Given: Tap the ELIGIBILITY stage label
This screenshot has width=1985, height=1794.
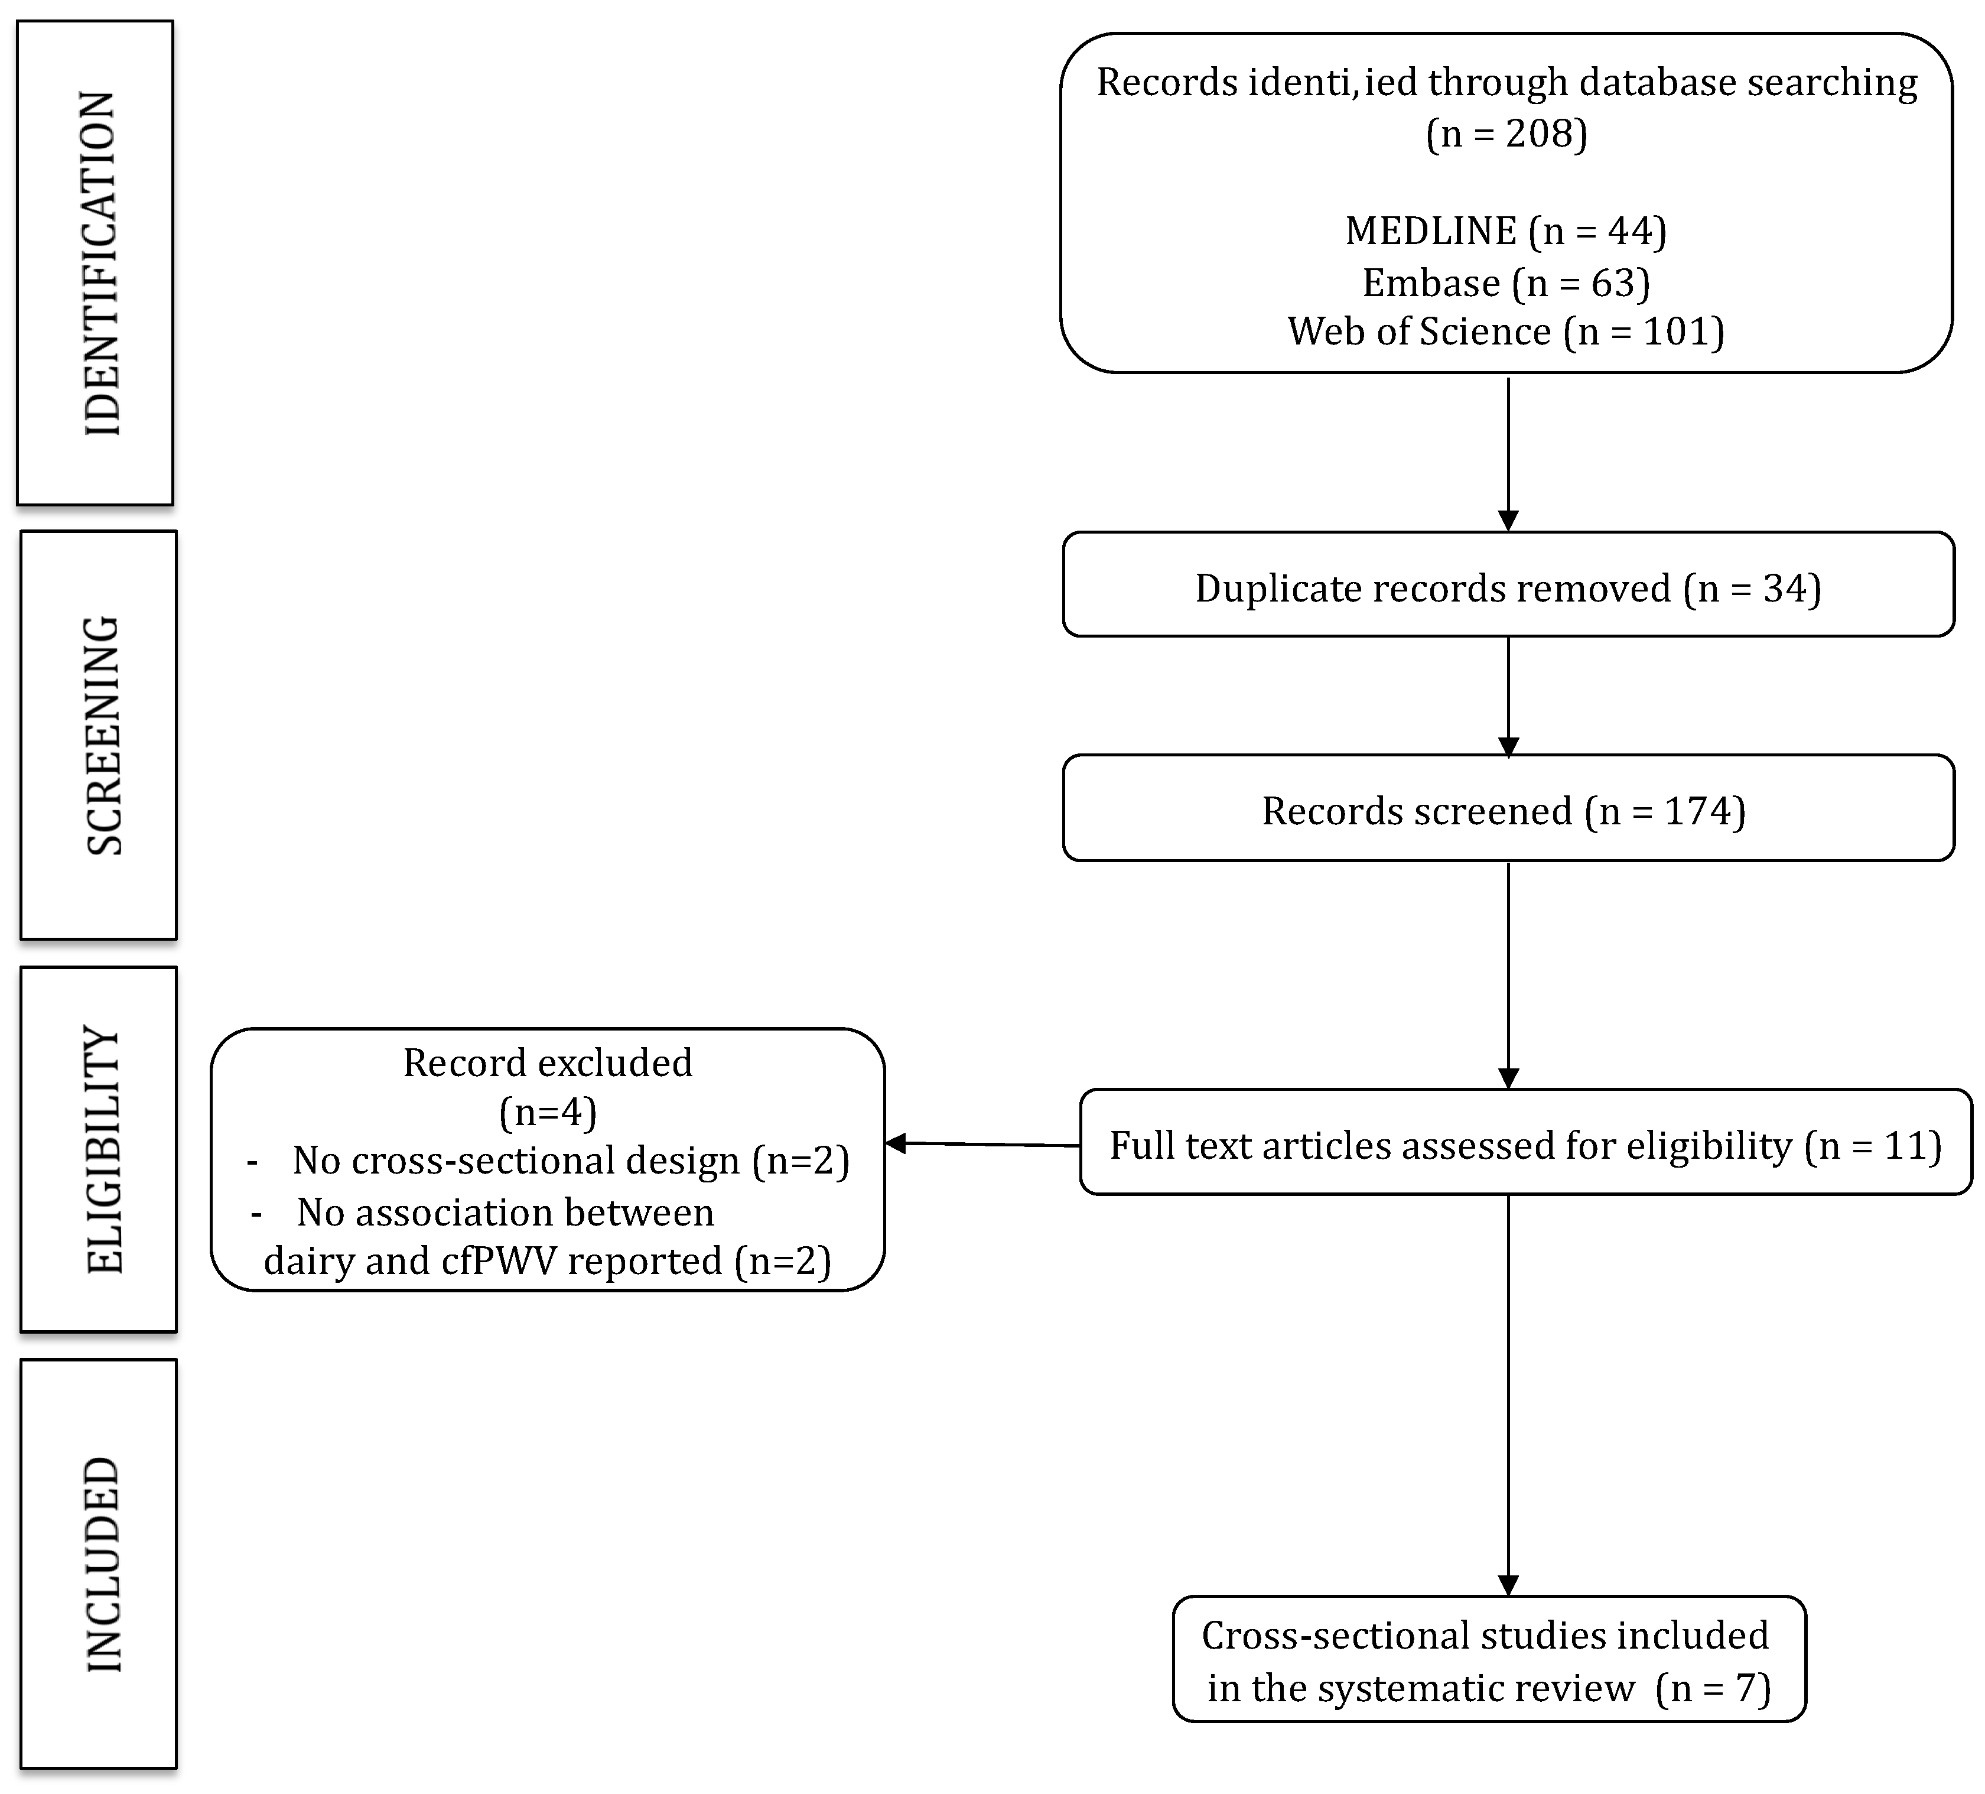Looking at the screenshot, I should click(103, 1149).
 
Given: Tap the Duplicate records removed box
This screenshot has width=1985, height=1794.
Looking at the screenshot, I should click(1508, 588).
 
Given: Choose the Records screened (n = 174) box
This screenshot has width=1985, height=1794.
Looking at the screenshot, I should click(1508, 810).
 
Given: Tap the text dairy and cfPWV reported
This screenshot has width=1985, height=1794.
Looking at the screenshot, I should click(548, 1262).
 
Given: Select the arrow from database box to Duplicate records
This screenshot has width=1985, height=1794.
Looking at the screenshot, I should click(1508, 453).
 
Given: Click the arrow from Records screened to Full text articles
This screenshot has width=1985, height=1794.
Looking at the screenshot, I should click(1508, 975).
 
